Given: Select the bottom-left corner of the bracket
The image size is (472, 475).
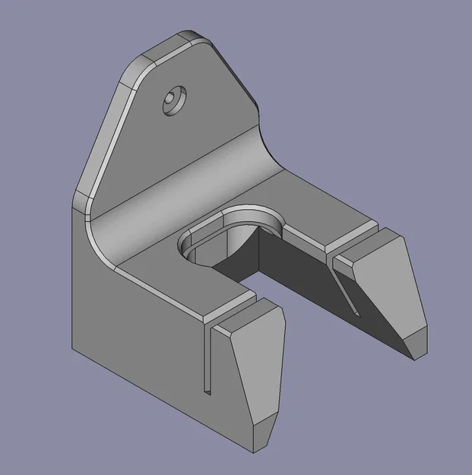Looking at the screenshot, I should click(74, 350).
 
